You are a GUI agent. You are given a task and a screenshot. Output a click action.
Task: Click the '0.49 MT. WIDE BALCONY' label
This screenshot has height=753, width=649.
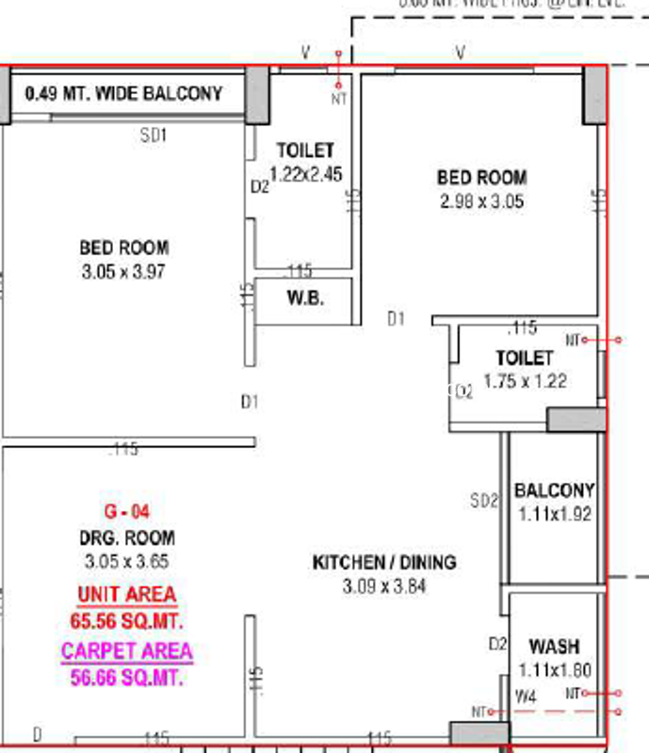click(124, 94)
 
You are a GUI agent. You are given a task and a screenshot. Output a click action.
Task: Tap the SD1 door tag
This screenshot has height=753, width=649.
click(154, 136)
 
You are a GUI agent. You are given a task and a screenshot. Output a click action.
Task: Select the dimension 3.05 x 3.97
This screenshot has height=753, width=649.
click(123, 272)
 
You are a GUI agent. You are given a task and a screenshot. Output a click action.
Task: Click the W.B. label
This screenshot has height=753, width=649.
click(305, 299)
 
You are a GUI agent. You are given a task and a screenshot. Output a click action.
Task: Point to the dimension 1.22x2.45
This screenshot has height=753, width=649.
click(305, 173)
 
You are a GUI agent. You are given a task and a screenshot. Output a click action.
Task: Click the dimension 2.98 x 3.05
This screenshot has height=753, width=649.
click(481, 201)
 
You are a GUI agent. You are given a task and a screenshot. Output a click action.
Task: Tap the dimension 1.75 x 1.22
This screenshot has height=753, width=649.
click(526, 381)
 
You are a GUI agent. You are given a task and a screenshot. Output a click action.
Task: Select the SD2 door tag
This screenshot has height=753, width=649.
click(484, 502)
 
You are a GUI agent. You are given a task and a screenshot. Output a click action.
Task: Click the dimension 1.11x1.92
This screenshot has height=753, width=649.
click(554, 515)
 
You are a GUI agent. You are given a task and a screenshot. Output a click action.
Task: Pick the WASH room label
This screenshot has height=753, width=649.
click(554, 648)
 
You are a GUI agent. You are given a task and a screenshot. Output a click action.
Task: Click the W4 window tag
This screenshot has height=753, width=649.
click(525, 697)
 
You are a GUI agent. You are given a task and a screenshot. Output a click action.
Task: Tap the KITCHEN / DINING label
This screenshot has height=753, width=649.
click(384, 563)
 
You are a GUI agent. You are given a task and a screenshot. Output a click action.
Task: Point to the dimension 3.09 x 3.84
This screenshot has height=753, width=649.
click(384, 586)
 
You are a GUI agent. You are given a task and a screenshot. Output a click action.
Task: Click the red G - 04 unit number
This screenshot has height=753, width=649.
click(126, 512)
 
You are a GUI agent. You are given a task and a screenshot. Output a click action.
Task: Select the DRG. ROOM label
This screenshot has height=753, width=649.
click(126, 538)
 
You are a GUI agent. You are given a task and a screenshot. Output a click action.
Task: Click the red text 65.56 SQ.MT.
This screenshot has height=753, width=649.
click(126, 621)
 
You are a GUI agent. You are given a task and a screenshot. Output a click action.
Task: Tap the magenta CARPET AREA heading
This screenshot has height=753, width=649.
click(126, 651)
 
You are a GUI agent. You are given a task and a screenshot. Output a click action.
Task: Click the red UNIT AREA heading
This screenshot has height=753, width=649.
click(126, 594)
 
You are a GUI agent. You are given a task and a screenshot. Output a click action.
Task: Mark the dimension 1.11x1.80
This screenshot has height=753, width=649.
click(554, 671)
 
